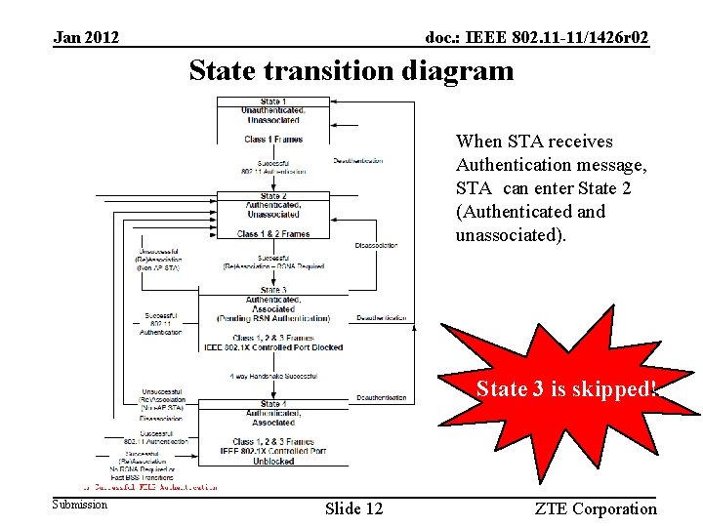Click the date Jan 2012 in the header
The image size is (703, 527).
pyautogui.click(x=86, y=37)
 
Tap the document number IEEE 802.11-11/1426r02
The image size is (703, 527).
pyautogui.click(x=537, y=37)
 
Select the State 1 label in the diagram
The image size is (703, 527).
pyautogui.click(x=273, y=101)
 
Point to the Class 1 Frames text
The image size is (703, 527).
pyautogui.click(x=273, y=139)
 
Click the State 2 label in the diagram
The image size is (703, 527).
pyautogui.click(x=273, y=196)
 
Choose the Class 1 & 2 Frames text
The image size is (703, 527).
pyautogui.click(x=273, y=233)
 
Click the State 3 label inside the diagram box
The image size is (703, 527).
pyautogui.click(x=273, y=290)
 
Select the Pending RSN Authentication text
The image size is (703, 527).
pyautogui.click(x=273, y=317)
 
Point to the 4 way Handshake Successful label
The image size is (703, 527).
pyautogui.click(x=272, y=376)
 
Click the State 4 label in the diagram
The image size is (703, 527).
pyautogui.click(x=273, y=404)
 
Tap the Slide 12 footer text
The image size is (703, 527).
pyautogui.click(x=353, y=507)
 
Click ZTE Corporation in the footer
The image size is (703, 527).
pyautogui.click(x=596, y=507)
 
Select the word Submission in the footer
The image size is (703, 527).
pyautogui.click(x=80, y=505)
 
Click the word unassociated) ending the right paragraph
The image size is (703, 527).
pyautogui.click(x=506, y=234)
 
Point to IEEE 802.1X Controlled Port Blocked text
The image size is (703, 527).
pyautogui.click(x=273, y=345)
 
